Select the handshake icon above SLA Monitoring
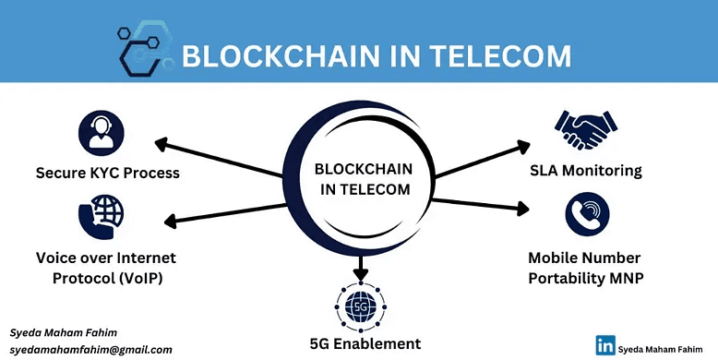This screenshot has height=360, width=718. pos(585,131)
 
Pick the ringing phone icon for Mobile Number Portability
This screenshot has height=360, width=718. pos(588,214)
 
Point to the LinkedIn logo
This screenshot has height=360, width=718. pos(605,345)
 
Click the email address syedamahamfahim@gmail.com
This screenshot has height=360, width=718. pos(91,350)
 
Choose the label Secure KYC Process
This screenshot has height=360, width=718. pos(107,173)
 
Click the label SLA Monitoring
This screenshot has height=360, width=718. pos(585,171)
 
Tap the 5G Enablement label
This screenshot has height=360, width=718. pos(365,343)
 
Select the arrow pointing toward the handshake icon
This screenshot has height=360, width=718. pos(480,160)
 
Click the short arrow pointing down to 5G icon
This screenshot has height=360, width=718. pos(361,270)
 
